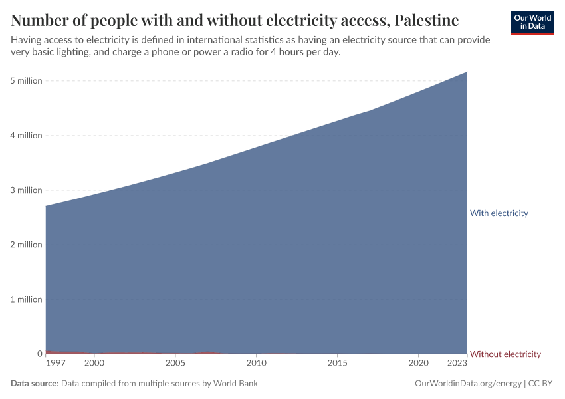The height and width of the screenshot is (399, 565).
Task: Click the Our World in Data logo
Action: (532, 22)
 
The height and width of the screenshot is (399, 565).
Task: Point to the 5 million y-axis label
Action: (26, 81)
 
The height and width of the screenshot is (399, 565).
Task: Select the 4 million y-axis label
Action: (26, 136)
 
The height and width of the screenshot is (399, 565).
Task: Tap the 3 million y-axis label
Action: (26, 190)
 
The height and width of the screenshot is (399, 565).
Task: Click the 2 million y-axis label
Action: (26, 245)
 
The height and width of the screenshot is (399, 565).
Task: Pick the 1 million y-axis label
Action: (26, 299)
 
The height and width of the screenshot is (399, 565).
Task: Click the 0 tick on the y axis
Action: (39, 354)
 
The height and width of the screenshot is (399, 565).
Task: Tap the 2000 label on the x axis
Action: (94, 364)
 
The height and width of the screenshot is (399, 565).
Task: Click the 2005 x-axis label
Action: (175, 364)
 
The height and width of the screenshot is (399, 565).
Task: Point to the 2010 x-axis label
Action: (257, 364)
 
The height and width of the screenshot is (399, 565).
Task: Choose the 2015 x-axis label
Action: (338, 364)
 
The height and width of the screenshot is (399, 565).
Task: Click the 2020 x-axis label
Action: (418, 364)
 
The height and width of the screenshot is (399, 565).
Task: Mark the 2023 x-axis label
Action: (457, 364)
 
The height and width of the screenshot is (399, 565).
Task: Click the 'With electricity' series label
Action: (499, 213)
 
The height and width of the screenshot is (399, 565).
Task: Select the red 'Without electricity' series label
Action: (505, 354)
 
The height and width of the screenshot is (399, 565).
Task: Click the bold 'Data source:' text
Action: (35, 384)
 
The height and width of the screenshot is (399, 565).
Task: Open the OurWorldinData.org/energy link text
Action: (467, 384)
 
